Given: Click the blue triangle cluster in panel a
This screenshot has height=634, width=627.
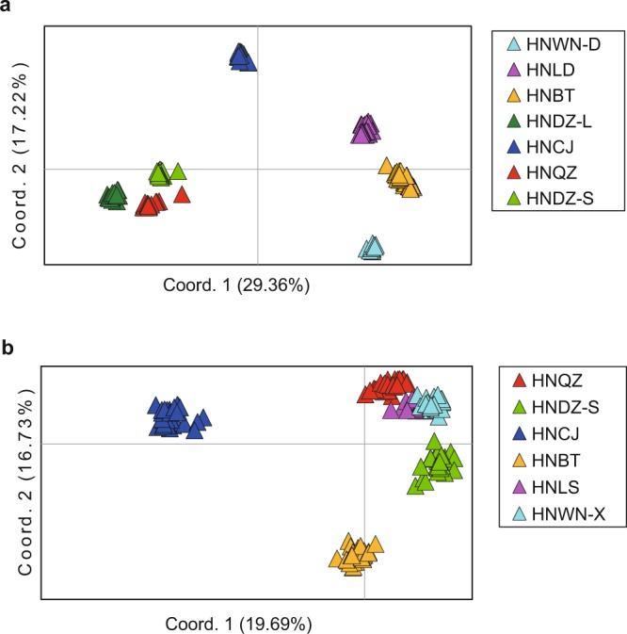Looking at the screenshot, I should click(242, 57).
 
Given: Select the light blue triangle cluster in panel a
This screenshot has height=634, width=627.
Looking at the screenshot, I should click(372, 248).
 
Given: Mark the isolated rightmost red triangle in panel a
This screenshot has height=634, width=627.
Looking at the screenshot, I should click(182, 195).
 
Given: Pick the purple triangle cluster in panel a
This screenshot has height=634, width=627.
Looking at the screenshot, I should click(364, 129).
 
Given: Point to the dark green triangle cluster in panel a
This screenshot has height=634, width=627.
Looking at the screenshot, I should click(114, 196).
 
